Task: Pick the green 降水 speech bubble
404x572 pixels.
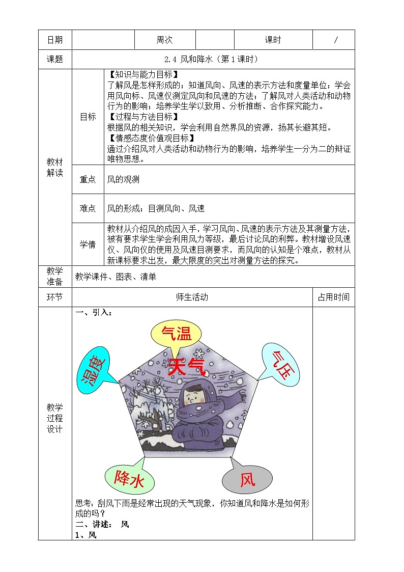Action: tap(129, 479)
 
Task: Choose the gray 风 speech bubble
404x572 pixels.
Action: tap(247, 479)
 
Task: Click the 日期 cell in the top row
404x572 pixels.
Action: tap(55, 40)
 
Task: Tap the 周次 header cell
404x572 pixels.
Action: tap(164, 40)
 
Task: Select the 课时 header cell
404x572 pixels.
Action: tap(273, 40)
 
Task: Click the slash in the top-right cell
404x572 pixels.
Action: tap(335, 40)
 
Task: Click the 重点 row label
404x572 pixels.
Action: tap(88, 179)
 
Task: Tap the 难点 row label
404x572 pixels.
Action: tap(88, 208)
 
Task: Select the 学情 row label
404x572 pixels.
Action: tap(88, 244)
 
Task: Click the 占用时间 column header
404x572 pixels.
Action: tap(333, 297)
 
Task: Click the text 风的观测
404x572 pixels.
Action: tap(123, 179)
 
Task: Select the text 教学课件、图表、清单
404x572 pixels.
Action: tap(116, 277)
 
